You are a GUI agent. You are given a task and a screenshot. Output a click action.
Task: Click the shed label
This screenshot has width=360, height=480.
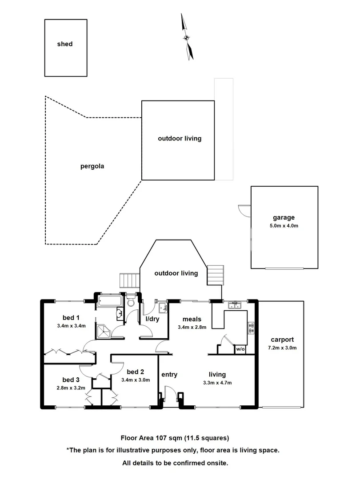point(64,44)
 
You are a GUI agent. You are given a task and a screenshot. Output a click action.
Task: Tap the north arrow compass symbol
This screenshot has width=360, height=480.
point(187,37)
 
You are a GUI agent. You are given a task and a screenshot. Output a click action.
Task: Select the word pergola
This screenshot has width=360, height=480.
point(92,167)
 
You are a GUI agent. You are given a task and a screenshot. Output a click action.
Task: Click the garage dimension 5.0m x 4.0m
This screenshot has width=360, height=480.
point(284,226)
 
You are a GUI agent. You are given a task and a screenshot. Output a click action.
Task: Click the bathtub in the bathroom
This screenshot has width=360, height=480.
point(109,301)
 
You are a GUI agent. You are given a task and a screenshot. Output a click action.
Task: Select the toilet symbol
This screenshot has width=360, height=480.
point(131,302)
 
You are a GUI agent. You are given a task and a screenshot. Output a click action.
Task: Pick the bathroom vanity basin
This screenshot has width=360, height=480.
point(119,314)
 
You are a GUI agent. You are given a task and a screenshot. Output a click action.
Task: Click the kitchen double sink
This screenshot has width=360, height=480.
point(234,305)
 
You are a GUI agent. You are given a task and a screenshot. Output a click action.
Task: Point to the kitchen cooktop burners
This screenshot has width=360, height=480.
point(251,328)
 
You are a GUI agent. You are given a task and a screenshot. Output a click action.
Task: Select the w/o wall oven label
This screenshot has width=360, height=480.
point(240,349)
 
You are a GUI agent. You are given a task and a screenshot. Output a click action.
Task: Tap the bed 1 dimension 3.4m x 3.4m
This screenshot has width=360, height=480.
point(71,326)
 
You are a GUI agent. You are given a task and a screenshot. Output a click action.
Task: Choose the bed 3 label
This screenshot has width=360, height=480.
point(71,380)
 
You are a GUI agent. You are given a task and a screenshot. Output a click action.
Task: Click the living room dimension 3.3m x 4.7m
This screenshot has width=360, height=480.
point(218,383)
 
